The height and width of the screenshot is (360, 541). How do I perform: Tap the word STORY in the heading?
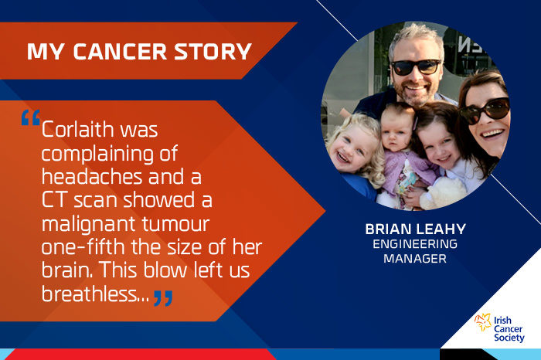click(213, 52)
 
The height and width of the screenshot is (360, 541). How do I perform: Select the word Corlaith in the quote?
click(77, 129)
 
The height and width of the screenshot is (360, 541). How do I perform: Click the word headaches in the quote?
click(92, 177)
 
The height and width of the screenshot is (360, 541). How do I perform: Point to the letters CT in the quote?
click(55, 200)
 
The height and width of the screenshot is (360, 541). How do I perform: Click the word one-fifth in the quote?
click(83, 247)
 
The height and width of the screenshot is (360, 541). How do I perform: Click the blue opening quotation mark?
click(31, 117)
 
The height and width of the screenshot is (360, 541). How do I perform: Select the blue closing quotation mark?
click(163, 298)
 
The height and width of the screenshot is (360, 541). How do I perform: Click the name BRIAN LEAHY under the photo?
click(416, 229)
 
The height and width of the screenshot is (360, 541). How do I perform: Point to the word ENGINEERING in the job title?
click(415, 244)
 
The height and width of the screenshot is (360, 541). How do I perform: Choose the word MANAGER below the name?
click(415, 259)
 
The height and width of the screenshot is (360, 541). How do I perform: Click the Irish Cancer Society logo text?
click(509, 329)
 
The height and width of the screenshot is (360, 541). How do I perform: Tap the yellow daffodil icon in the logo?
click(483, 322)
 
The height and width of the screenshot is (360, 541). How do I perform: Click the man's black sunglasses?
click(416, 66)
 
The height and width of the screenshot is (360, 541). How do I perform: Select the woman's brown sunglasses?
click(485, 110)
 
